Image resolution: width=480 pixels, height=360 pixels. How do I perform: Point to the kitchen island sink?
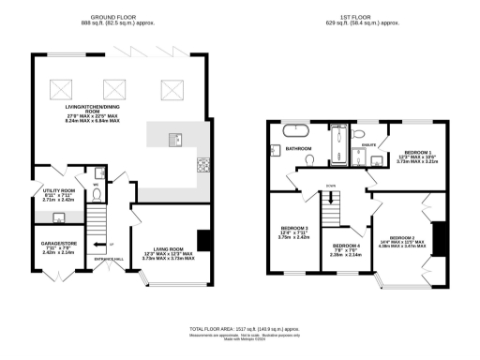pos(174,140)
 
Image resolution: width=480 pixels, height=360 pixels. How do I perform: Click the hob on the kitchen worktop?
pos(202,168)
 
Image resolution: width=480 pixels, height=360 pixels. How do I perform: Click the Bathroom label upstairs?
pos(299,149)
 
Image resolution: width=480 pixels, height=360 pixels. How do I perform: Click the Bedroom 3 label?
pos(294,232)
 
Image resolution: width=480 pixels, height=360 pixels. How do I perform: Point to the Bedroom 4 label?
pos(345,248)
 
